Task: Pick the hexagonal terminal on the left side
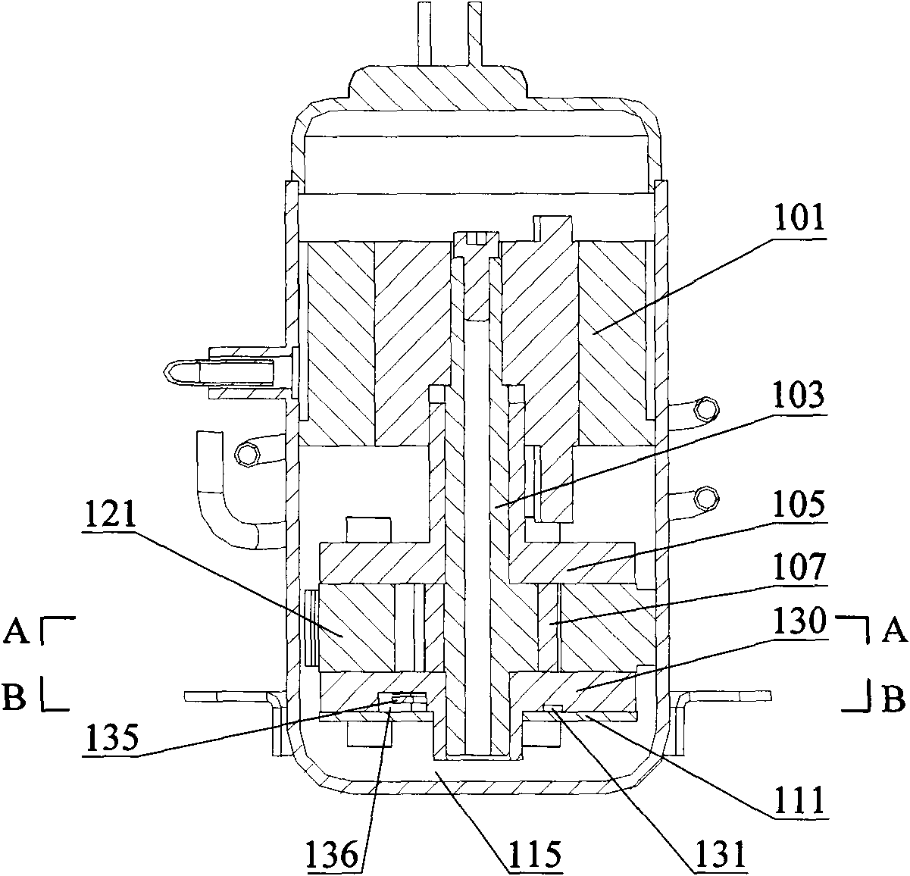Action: pyautogui.click(x=248, y=454)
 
